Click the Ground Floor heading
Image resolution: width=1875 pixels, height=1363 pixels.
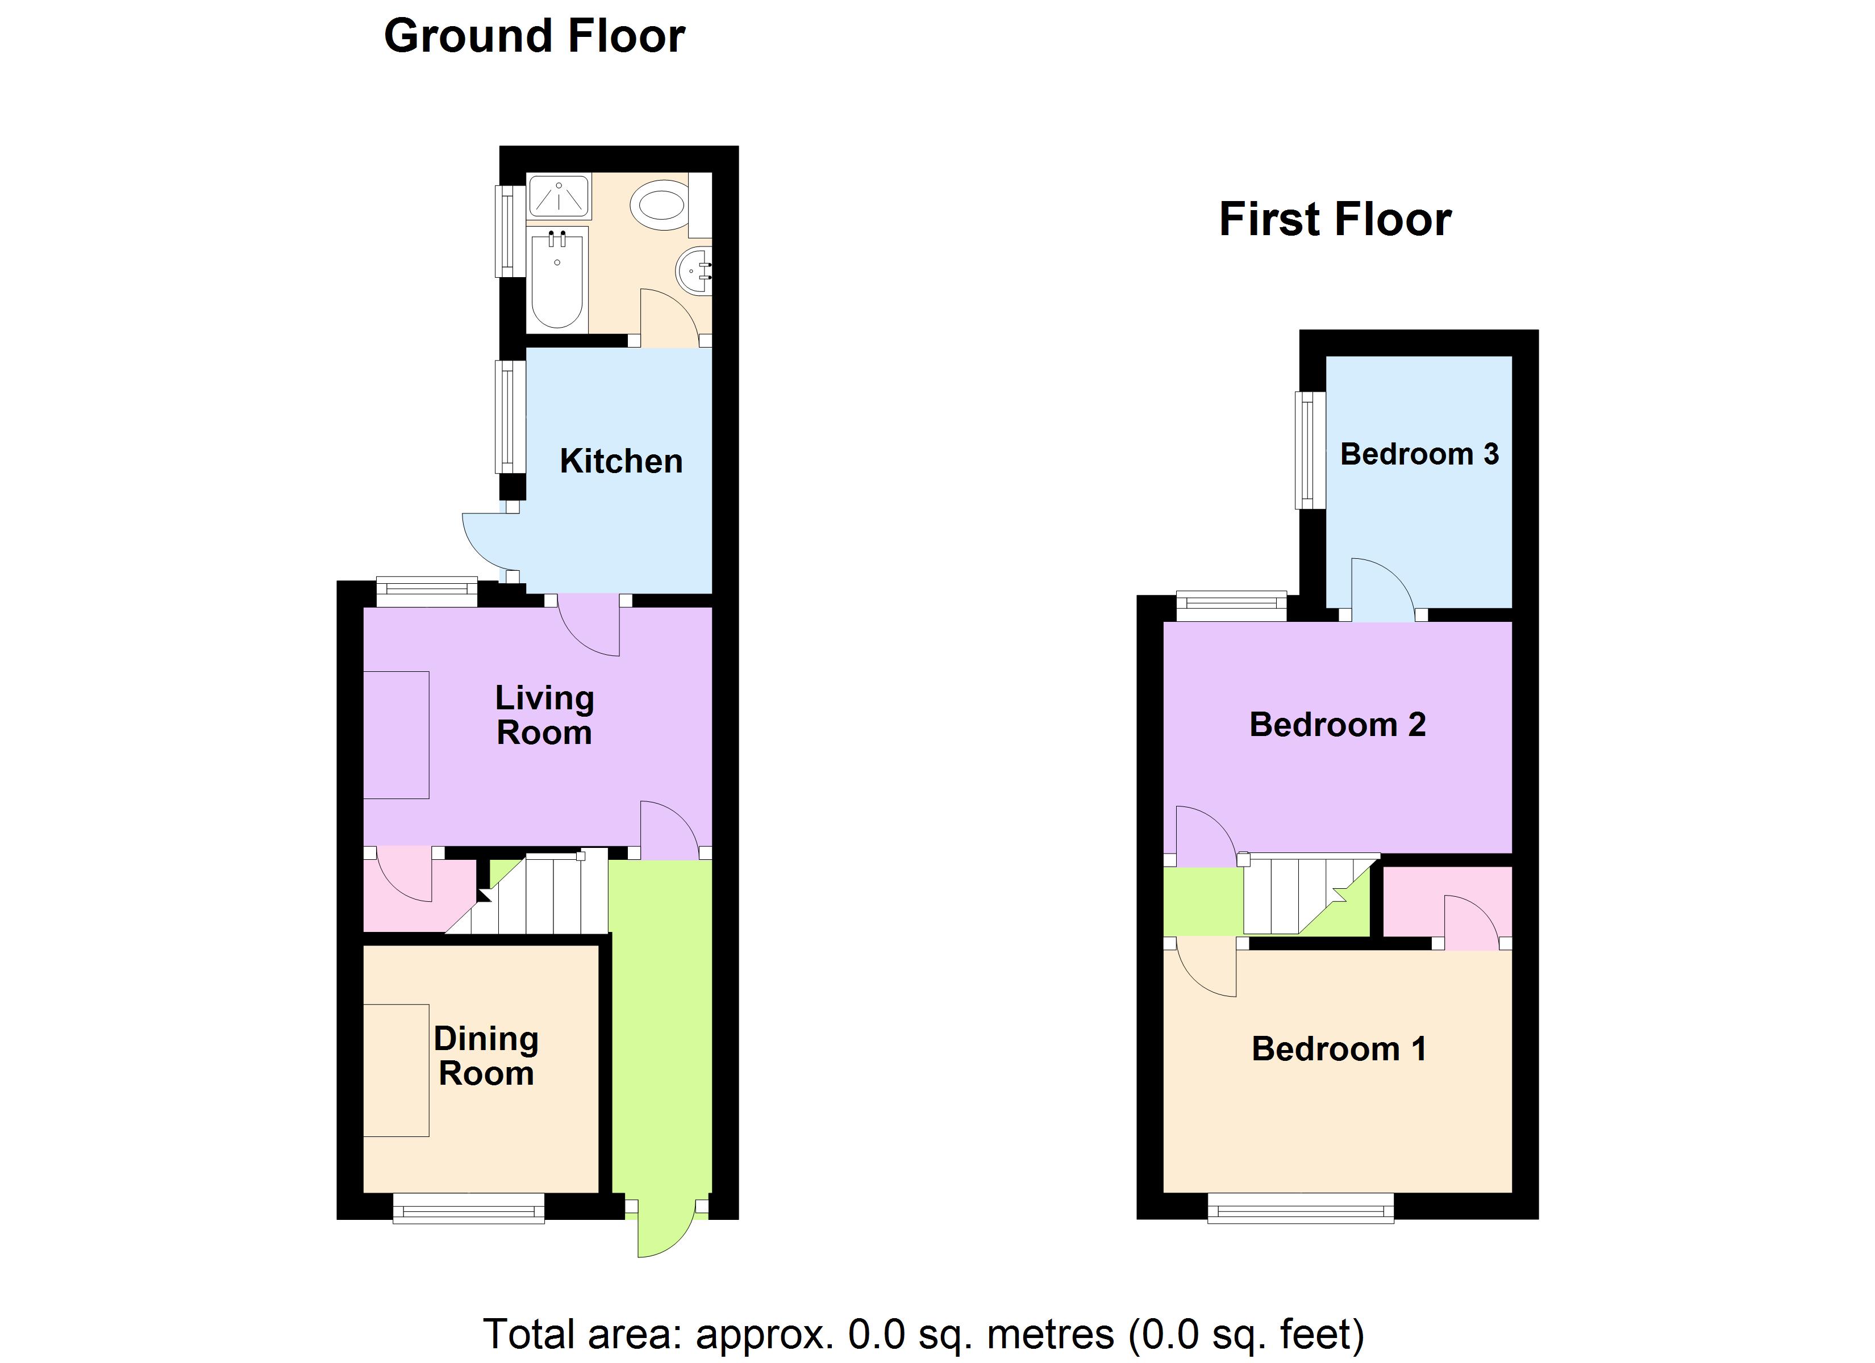point(534,37)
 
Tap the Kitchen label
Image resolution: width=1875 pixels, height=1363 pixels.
point(621,461)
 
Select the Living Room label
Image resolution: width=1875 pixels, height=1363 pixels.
point(544,716)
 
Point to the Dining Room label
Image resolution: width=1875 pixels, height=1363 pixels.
point(486,1056)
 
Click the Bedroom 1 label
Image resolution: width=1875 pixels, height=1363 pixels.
point(1339,1049)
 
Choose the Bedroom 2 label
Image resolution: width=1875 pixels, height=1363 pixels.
point(1337,725)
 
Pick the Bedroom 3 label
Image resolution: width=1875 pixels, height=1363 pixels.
point(1419,454)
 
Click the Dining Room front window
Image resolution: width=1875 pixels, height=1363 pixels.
point(468,1213)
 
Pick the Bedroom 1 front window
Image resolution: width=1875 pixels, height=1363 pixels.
point(1301,1213)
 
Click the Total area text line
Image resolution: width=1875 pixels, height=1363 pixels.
point(923,1333)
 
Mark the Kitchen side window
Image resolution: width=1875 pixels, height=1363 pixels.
point(509,417)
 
